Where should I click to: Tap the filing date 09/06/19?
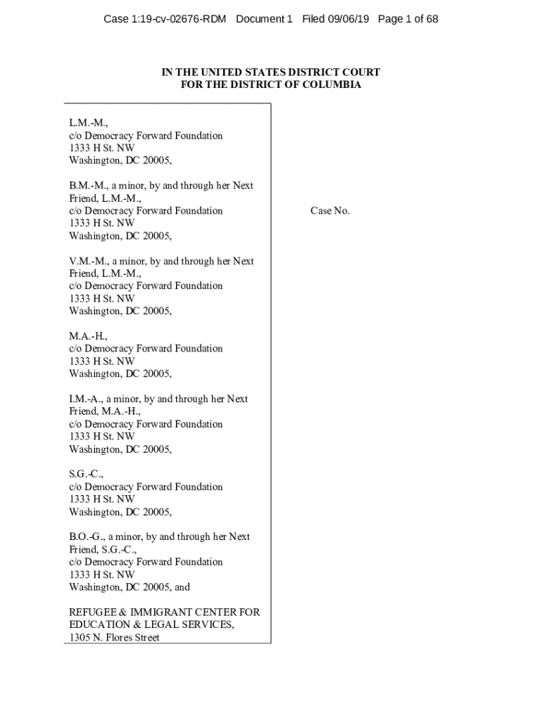[x=348, y=19]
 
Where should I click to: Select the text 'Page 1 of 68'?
[x=408, y=19]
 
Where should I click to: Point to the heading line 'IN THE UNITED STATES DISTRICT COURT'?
[x=271, y=72]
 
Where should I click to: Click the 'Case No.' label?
[x=330, y=211]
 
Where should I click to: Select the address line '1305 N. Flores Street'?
[x=114, y=638]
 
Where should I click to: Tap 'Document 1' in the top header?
[x=264, y=19]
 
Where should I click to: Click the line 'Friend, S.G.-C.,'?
[x=103, y=549]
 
